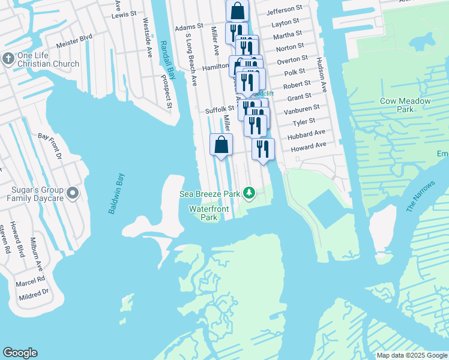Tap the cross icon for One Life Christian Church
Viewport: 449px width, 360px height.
point(8,59)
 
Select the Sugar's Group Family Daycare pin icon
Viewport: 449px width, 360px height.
point(73,193)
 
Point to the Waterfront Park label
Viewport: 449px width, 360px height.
point(203,214)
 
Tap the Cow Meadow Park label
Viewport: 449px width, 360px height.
point(405,105)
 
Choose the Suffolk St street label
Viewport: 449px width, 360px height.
point(218,110)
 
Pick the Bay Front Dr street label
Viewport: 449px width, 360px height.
point(50,146)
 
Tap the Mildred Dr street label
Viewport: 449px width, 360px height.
point(34,294)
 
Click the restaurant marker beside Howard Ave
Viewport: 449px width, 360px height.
point(263,149)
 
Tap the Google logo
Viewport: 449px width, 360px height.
point(20,353)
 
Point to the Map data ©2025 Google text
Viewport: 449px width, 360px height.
point(412,355)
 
